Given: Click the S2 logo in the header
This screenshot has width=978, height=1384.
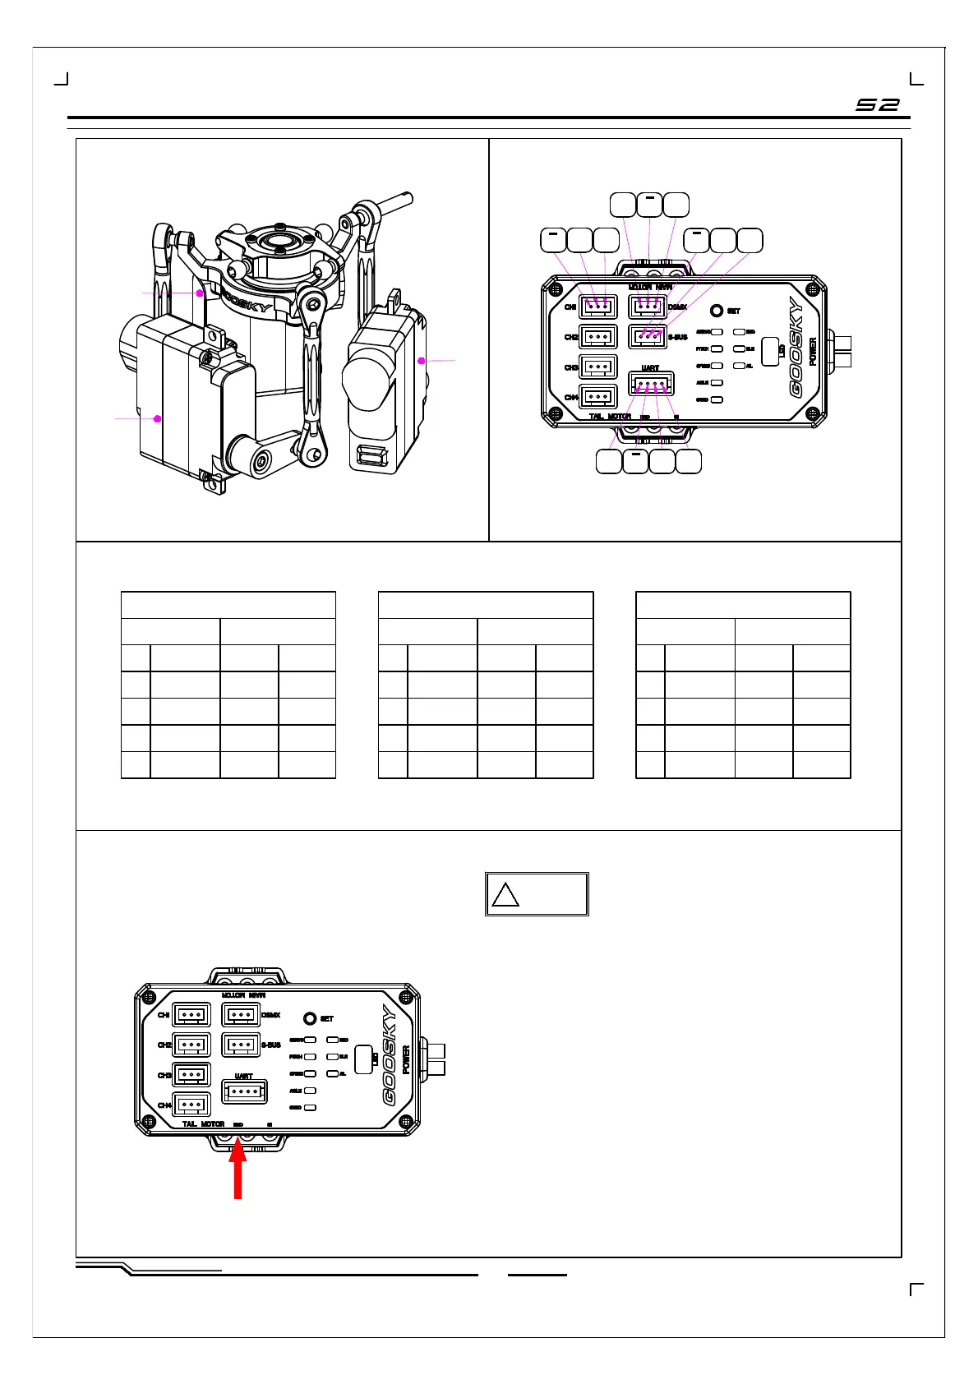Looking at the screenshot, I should (878, 105).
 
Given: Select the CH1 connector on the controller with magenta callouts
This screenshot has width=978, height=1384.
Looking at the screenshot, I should (598, 307).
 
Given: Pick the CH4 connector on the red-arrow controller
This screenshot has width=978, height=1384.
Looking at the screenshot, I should (191, 1105).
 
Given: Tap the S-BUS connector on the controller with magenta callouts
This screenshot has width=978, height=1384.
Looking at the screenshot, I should (648, 337).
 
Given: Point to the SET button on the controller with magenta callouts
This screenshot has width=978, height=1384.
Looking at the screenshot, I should (717, 311).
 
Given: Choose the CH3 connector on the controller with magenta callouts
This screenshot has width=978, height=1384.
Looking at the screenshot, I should (598, 367).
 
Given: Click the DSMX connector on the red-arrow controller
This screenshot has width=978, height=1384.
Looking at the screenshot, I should (242, 1015).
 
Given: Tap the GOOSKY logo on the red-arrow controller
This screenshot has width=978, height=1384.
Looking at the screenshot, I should (389, 1056).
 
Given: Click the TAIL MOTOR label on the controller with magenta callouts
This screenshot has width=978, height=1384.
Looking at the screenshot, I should (610, 417).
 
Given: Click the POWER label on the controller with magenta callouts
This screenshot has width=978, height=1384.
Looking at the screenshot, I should (813, 351).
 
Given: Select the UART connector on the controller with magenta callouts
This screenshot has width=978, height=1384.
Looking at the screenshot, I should (651, 384).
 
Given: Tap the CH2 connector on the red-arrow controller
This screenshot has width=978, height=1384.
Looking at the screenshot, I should (191, 1045).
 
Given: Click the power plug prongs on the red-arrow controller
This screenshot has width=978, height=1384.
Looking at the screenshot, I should (434, 1059).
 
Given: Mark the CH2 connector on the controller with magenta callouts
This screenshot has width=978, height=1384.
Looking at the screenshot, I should (598, 337).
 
